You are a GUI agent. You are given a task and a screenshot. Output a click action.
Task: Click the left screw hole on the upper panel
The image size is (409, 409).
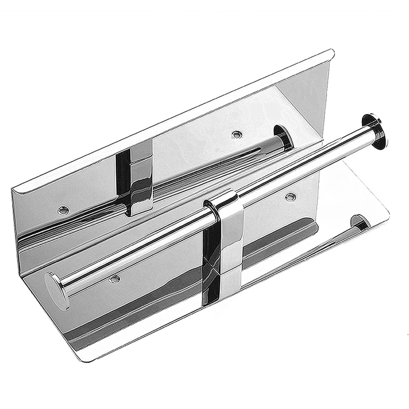point(62,209)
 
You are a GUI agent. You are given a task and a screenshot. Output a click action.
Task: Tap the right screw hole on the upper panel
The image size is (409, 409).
point(236,135)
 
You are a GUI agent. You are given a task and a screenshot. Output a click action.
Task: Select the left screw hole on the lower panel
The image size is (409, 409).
point(114,279)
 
